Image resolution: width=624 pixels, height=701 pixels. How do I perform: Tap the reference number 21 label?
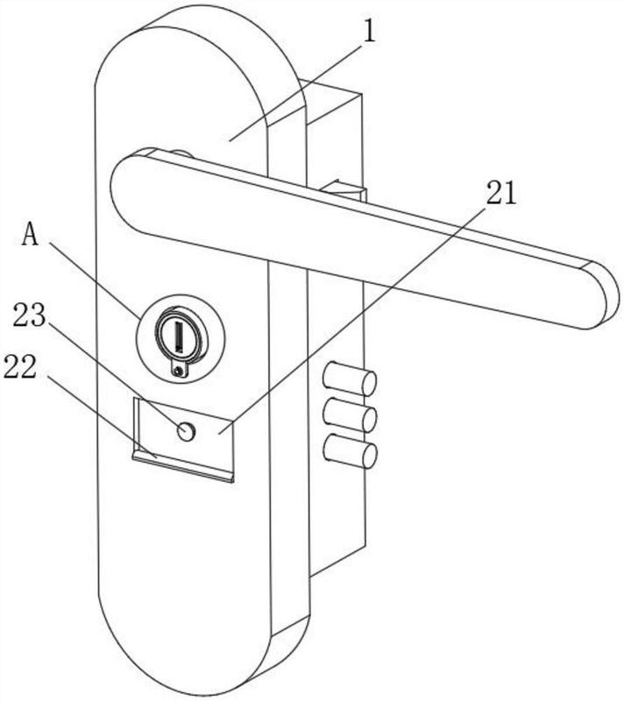point(501,193)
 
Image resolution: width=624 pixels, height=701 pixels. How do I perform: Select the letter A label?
point(31,234)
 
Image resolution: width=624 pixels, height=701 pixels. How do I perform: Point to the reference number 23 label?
point(29,315)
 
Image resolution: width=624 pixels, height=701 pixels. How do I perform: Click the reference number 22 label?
point(19,367)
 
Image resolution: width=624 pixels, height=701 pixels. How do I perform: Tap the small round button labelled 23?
point(186,431)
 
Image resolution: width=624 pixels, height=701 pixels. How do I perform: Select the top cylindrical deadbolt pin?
point(350,379)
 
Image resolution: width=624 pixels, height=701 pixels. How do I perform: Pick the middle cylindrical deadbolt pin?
point(350,414)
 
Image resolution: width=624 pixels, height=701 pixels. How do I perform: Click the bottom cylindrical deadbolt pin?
point(350,451)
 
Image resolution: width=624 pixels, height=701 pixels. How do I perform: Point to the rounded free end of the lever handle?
point(601,295)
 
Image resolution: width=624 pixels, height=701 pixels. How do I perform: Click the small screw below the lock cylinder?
point(180,370)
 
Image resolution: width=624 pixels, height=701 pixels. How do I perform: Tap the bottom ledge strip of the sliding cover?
point(183,466)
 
